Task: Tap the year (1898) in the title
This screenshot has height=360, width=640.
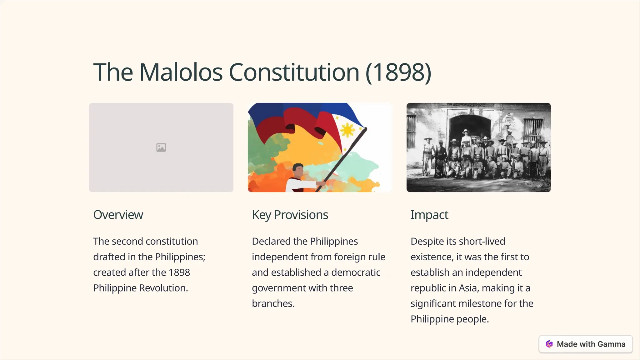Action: click(398, 72)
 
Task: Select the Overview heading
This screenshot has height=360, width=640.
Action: click(118, 215)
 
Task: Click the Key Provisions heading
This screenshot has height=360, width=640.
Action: click(290, 215)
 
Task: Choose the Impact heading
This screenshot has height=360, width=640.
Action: click(429, 215)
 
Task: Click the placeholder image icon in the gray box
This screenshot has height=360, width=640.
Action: click(161, 147)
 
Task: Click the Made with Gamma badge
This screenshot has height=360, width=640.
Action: click(586, 344)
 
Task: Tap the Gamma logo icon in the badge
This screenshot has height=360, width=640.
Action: click(549, 344)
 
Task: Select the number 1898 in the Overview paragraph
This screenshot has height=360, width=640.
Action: click(179, 272)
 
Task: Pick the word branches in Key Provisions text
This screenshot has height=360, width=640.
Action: click(273, 304)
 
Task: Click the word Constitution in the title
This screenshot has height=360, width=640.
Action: click(294, 72)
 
